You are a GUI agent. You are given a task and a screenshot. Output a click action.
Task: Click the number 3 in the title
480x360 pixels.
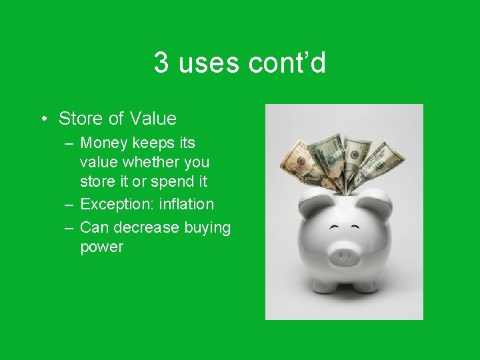(x=161, y=63)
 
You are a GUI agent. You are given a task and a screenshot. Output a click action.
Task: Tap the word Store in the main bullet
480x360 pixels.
(x=81, y=119)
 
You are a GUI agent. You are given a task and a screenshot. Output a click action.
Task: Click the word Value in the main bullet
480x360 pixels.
(x=153, y=119)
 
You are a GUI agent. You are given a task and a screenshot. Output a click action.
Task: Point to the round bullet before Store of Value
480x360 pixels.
(x=43, y=119)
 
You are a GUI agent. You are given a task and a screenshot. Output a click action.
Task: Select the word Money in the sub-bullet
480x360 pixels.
(x=103, y=143)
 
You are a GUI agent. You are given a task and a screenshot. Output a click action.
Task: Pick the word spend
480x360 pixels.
(x=171, y=181)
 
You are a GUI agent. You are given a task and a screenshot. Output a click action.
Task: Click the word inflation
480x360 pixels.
(x=187, y=204)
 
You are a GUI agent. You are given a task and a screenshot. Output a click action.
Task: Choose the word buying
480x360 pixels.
(x=207, y=228)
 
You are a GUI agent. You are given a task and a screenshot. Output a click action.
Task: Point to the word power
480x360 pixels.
(x=101, y=247)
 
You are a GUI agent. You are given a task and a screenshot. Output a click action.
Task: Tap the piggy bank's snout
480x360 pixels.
(x=343, y=255)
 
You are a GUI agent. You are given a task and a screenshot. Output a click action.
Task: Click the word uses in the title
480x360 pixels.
(x=209, y=63)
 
